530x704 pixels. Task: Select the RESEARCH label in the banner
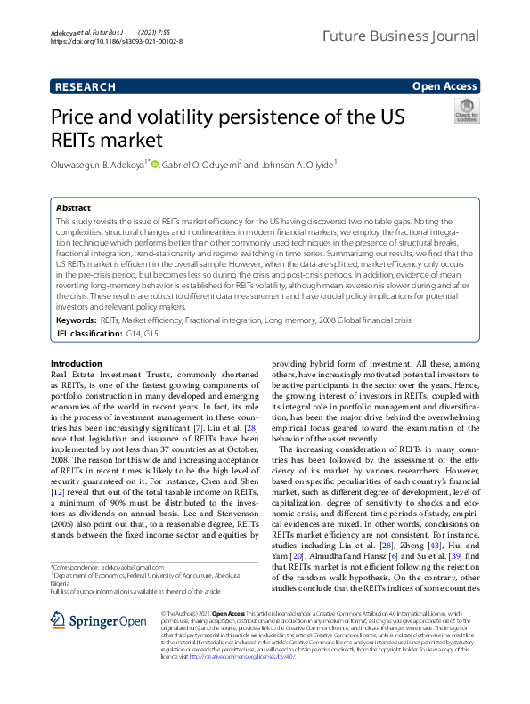86,86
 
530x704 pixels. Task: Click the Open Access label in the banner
444,86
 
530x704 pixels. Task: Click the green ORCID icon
154,164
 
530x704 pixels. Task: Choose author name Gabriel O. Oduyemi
201,164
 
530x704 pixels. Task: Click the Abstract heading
73,206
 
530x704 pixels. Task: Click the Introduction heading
77,364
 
